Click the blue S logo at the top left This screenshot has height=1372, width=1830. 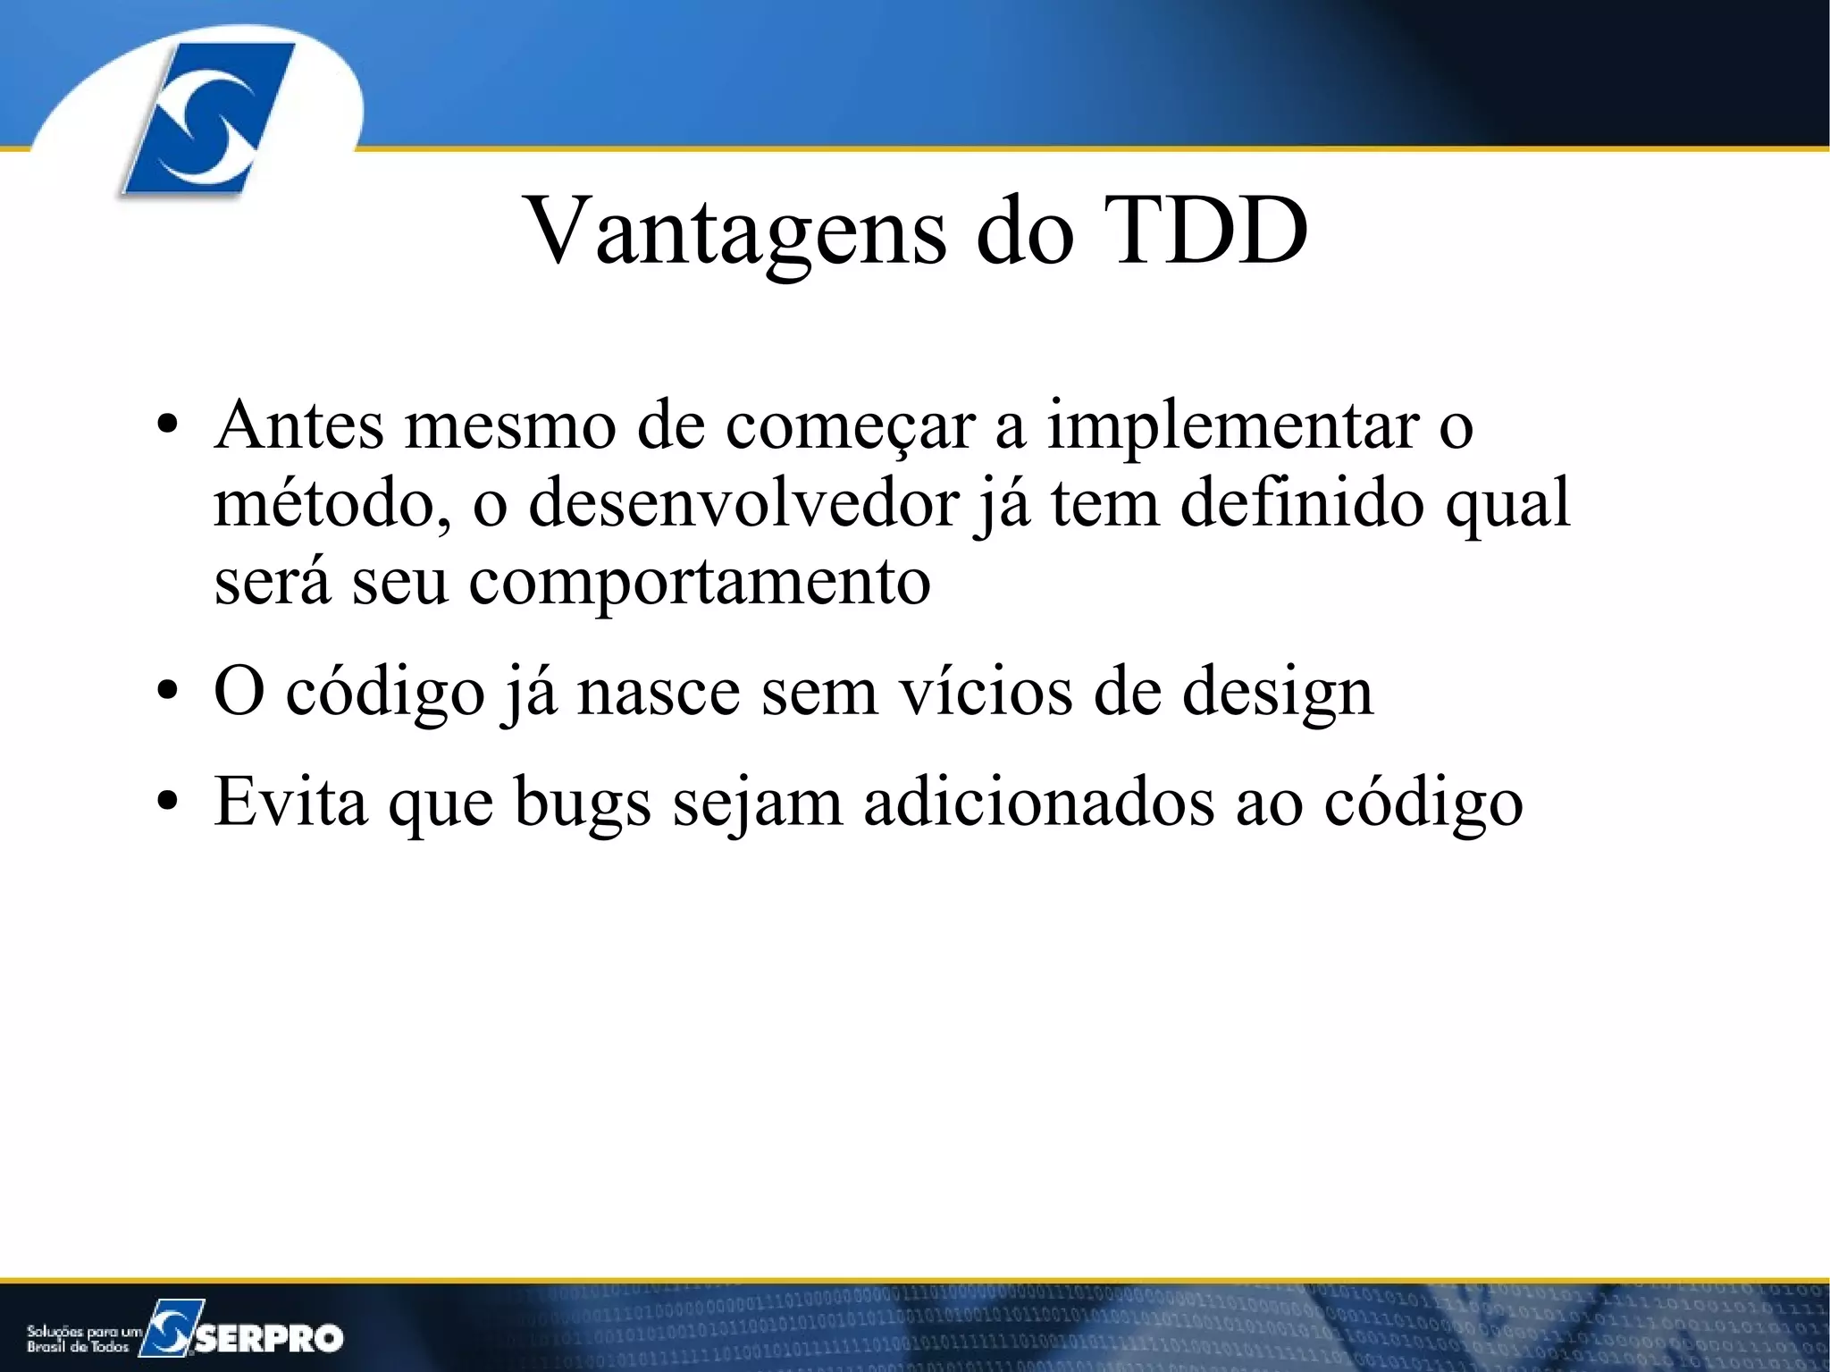(207, 118)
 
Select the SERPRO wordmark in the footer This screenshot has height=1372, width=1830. (268, 1338)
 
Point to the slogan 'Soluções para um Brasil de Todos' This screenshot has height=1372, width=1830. (82, 1338)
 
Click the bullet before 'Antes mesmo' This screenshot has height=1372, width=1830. (168, 426)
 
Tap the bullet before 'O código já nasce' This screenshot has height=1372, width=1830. (168, 693)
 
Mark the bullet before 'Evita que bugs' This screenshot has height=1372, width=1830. (168, 803)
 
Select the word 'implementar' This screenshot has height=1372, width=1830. (1233, 426)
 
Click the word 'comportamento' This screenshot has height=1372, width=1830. (700, 582)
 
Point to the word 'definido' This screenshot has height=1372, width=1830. (1302, 503)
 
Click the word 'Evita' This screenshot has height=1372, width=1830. (290, 802)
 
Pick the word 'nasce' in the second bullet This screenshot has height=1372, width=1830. (659, 693)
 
